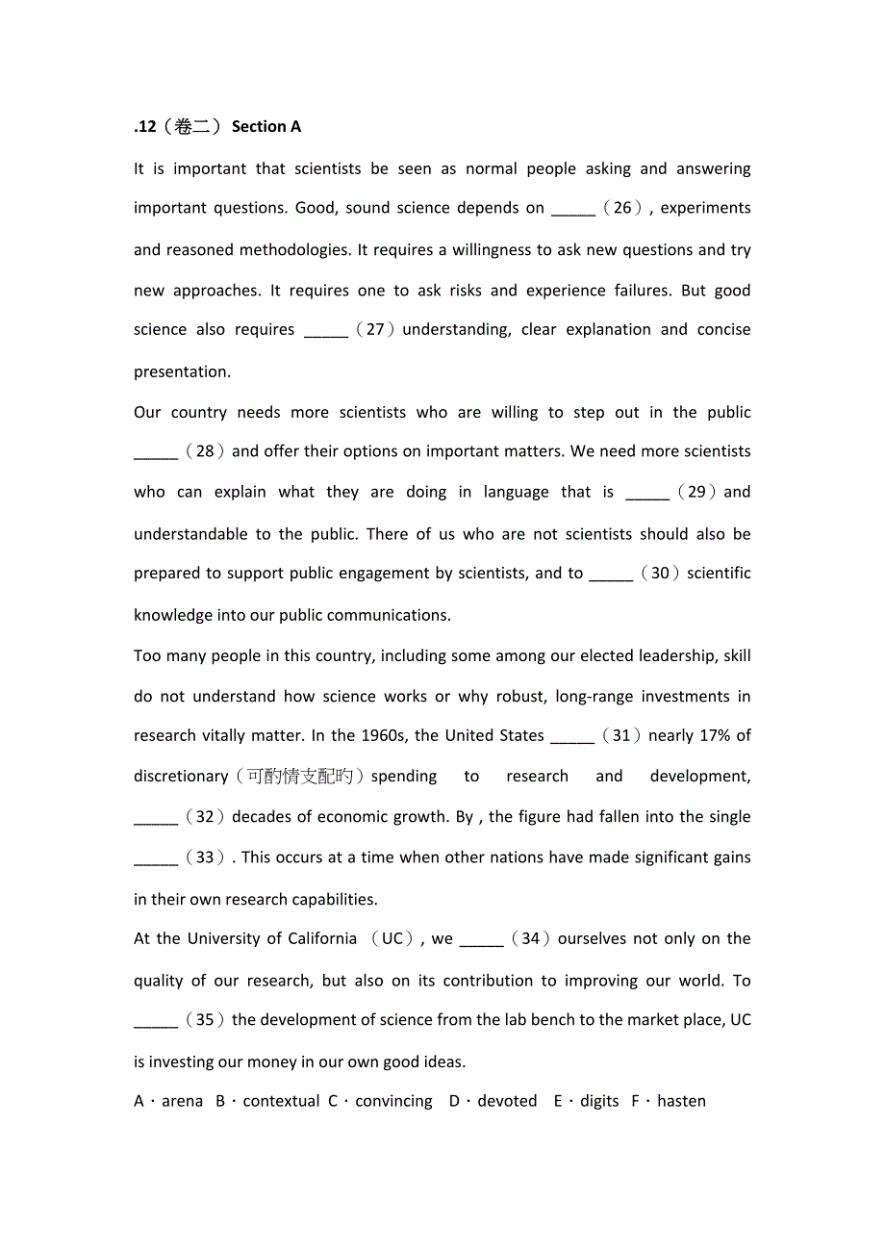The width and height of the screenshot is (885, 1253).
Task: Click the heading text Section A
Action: [266, 127]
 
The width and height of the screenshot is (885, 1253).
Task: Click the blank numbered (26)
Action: [573, 210]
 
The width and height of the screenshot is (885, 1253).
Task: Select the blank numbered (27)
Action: [325, 331]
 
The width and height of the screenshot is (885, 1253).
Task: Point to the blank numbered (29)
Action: [647, 494]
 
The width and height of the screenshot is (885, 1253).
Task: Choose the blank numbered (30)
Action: [611, 575]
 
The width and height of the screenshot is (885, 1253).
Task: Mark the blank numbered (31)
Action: [571, 737]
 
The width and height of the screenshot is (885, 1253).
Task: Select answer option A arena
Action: [168, 1101]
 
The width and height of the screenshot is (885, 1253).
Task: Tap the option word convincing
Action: [393, 1101]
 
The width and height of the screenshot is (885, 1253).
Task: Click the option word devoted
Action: [507, 1101]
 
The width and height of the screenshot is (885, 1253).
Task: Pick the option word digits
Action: [599, 1101]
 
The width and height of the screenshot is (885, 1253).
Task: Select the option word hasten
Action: [681, 1101]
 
